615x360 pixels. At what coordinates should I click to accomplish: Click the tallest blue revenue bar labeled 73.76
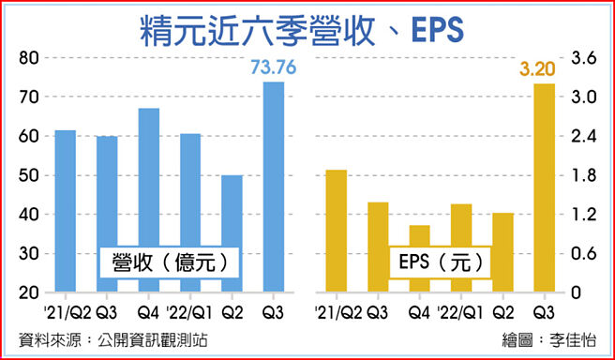(x=273, y=187)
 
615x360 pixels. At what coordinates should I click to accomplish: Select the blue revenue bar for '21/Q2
(x=66, y=211)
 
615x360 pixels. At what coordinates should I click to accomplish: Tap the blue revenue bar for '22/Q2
(x=232, y=233)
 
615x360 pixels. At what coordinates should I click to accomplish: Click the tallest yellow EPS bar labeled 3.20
(x=544, y=187)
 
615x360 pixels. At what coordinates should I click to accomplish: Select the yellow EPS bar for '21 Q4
(x=419, y=259)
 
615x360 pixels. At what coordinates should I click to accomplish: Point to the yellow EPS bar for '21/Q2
(x=337, y=231)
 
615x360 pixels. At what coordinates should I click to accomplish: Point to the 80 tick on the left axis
(x=30, y=58)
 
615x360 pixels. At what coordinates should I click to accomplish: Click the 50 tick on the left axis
(x=30, y=175)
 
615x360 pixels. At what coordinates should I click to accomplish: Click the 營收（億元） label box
(x=169, y=262)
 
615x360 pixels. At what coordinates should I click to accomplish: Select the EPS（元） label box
(x=438, y=262)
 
